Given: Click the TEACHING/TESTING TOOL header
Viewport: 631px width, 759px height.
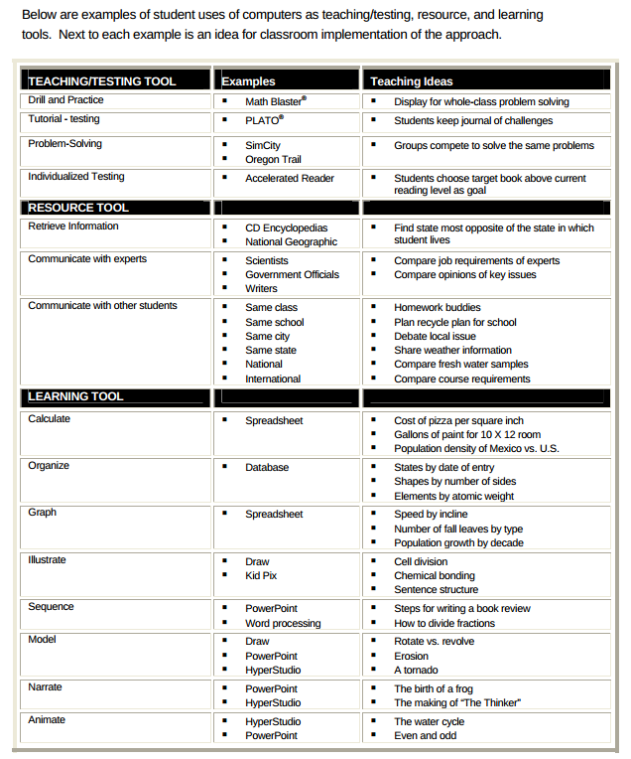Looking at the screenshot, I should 102,81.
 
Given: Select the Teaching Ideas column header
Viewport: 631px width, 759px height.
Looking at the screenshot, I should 411,81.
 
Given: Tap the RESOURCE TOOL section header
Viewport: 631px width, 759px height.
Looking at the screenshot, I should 78,208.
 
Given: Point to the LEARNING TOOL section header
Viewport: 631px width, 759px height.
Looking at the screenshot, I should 75,396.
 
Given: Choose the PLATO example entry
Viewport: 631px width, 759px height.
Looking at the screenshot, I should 264,120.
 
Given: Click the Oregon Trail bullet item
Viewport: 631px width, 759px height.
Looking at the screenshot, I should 273,159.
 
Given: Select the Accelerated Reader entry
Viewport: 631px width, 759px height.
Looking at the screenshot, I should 290,178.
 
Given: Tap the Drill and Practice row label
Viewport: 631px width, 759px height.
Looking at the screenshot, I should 65,100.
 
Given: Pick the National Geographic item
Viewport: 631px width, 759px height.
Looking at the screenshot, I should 291,241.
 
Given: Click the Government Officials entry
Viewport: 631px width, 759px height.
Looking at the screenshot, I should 292,274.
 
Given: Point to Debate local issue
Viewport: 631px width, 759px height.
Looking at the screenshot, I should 435,336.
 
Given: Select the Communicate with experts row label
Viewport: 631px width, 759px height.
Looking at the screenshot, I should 87,259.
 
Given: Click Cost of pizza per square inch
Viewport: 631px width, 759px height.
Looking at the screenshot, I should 458,420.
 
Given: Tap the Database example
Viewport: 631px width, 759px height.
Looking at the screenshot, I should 267,467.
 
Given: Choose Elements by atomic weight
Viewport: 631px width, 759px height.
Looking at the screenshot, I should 453,496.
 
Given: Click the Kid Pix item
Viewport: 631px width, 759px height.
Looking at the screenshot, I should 261,575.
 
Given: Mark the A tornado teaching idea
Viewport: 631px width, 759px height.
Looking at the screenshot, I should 416,670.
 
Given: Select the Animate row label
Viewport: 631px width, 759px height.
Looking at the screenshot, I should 47,719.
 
